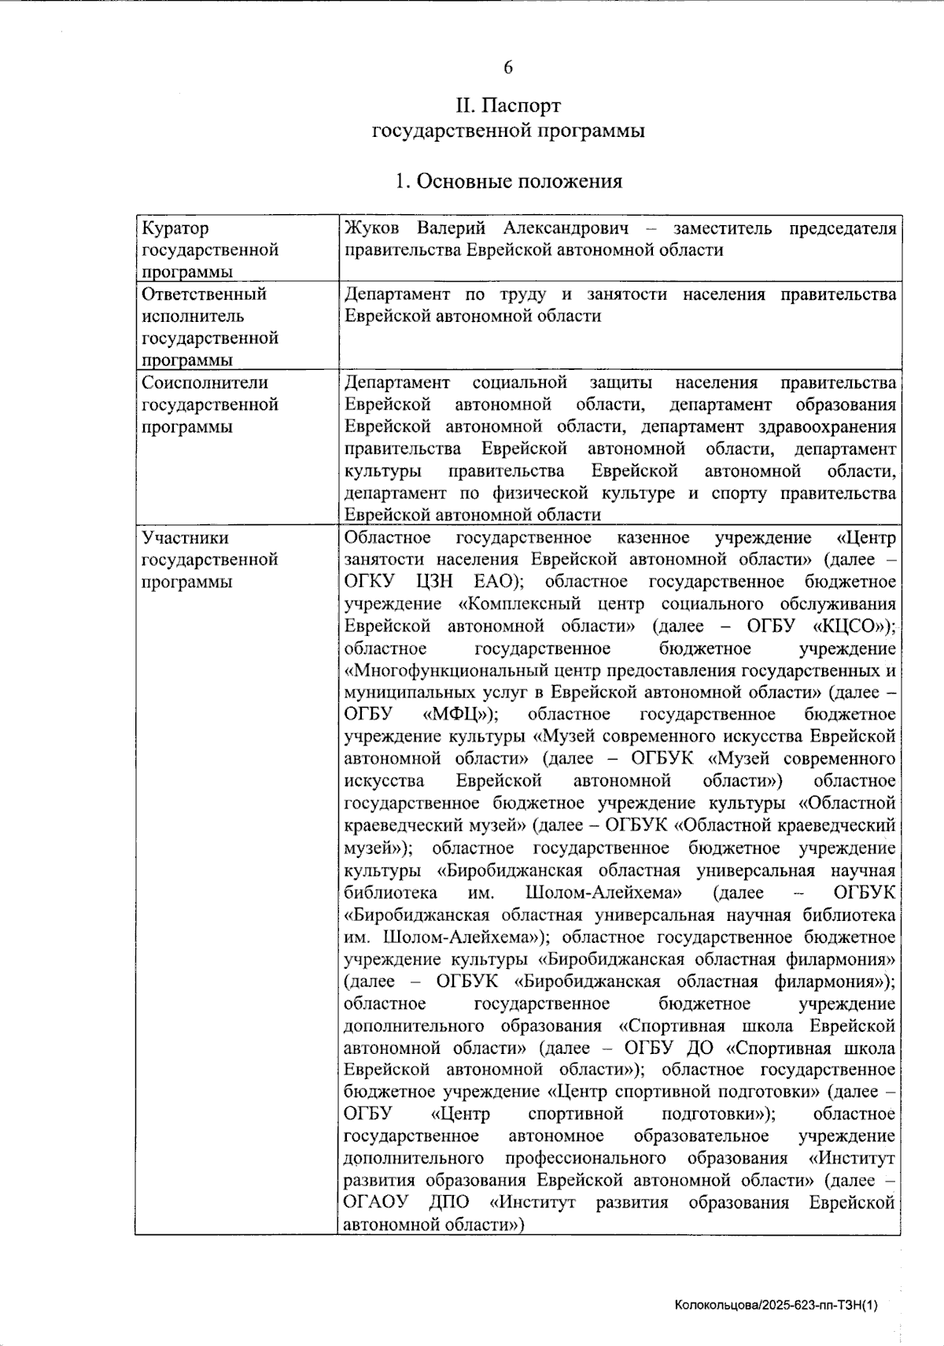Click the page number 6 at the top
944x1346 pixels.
pos(508,68)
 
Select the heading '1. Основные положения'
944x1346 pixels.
pos(508,182)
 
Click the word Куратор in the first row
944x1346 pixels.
pos(175,228)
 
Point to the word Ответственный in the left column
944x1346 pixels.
pos(205,294)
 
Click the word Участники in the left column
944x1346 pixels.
pos(185,538)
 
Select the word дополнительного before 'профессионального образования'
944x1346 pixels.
pos(414,1159)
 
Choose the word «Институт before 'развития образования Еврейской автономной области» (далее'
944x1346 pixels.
pos(851,1159)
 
